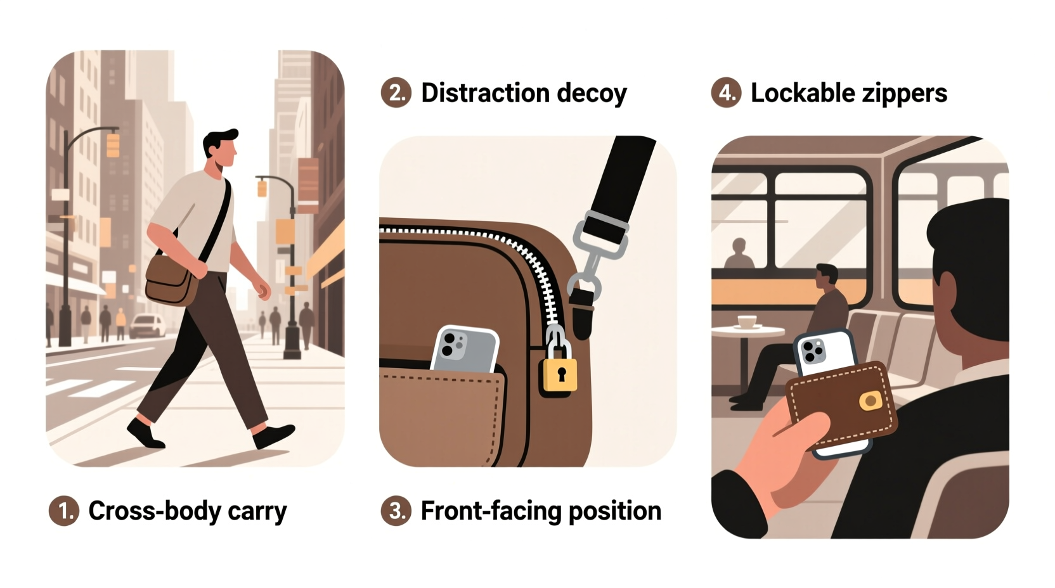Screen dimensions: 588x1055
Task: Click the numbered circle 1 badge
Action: pyautogui.click(x=64, y=511)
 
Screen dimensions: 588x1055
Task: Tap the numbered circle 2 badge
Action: pyautogui.click(x=396, y=93)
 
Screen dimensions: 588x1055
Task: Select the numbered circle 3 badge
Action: pyautogui.click(x=396, y=511)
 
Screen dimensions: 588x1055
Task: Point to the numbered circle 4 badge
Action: pyautogui.click(x=726, y=93)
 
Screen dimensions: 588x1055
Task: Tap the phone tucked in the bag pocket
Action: pyautogui.click(x=464, y=350)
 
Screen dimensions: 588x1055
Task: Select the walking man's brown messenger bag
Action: pyautogui.click(x=172, y=279)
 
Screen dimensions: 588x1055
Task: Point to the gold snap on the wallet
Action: pyautogui.click(x=870, y=400)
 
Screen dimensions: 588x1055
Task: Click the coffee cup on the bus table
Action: pyautogui.click(x=749, y=321)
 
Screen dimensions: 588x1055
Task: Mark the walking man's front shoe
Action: pyautogui.click(x=274, y=436)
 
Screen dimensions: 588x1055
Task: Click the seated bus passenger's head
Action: pyautogui.click(x=826, y=276)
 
